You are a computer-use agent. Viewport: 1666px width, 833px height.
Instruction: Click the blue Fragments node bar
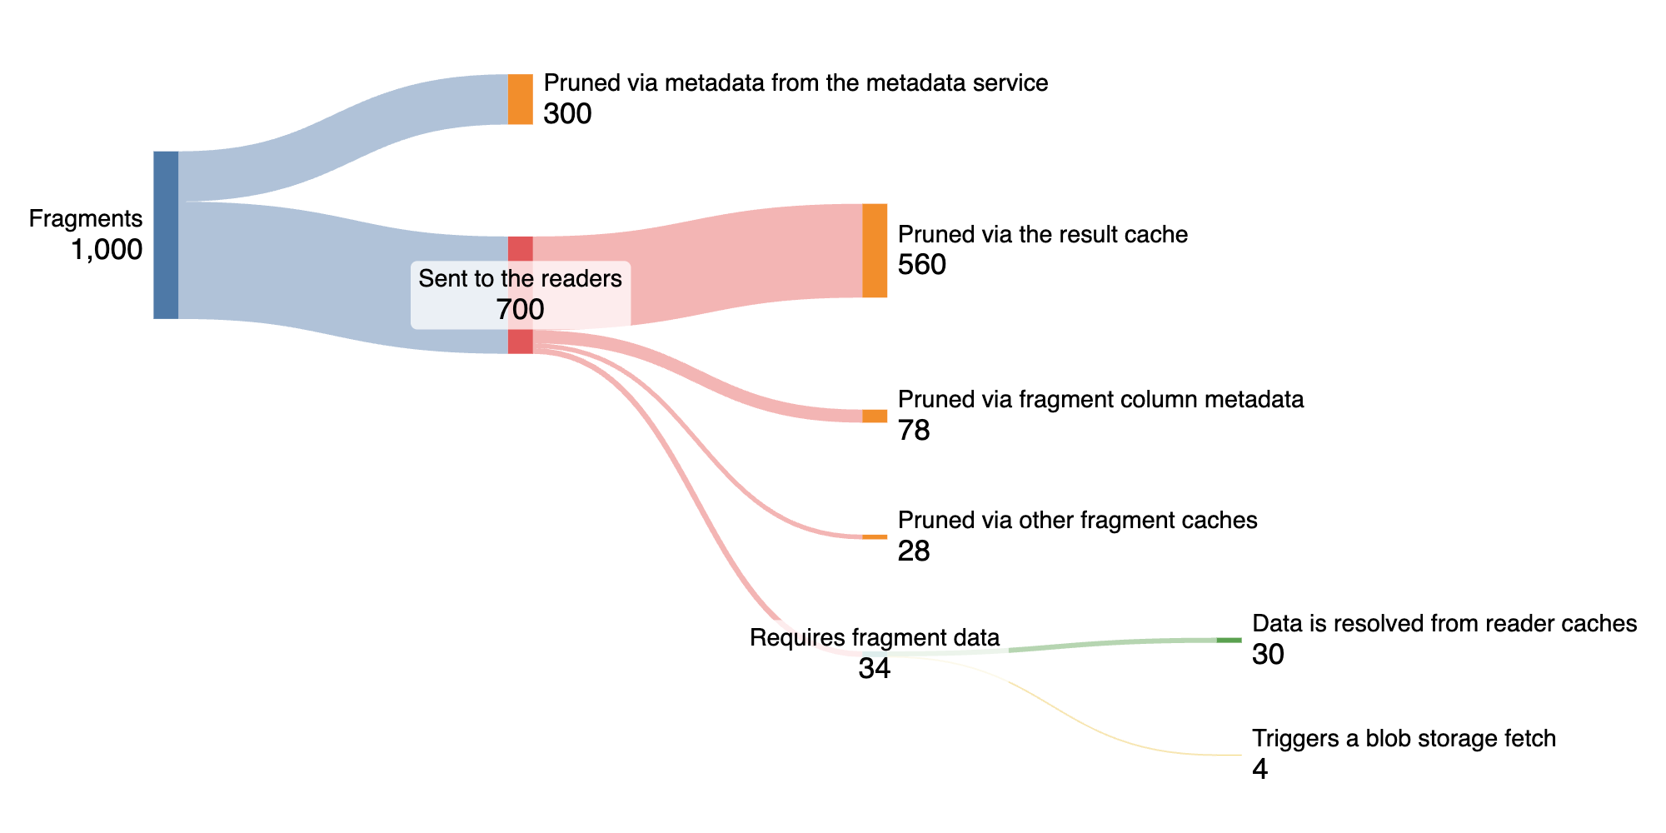tap(166, 235)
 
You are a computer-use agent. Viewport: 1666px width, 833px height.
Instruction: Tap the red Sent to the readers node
tap(521, 250)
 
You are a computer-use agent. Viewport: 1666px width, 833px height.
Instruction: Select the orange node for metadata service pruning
tap(521, 99)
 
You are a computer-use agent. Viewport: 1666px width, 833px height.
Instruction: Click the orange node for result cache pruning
tap(875, 250)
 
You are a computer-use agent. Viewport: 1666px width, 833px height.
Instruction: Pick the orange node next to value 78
tap(875, 416)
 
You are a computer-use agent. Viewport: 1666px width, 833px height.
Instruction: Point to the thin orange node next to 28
tap(875, 536)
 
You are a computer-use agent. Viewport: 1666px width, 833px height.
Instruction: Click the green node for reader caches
tap(1229, 640)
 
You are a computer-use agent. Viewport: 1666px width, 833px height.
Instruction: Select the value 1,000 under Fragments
tap(107, 250)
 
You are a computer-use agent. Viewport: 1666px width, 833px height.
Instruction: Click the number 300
tap(567, 114)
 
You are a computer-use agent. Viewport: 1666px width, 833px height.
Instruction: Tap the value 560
tap(922, 265)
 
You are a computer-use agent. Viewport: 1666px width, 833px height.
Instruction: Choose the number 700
tap(520, 310)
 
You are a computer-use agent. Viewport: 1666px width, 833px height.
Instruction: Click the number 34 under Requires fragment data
tap(875, 668)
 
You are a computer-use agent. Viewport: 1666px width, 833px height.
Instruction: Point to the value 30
tap(1268, 655)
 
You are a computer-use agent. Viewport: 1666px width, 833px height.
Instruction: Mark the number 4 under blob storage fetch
tap(1259, 770)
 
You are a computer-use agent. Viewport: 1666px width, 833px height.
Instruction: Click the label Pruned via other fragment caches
tap(1077, 521)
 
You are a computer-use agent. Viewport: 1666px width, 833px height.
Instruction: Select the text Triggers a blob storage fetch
tap(1404, 739)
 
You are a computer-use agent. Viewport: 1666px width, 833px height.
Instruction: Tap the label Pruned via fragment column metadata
tap(1100, 400)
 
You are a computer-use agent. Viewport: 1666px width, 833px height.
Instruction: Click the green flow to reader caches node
tap(1116, 643)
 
